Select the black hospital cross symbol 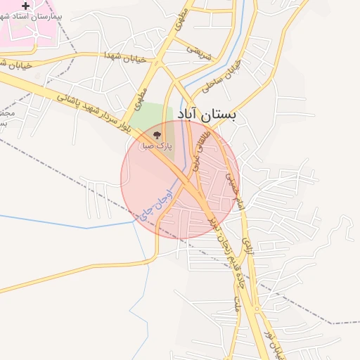(x=26, y=6)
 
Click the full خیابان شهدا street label (x=124, y=57)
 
